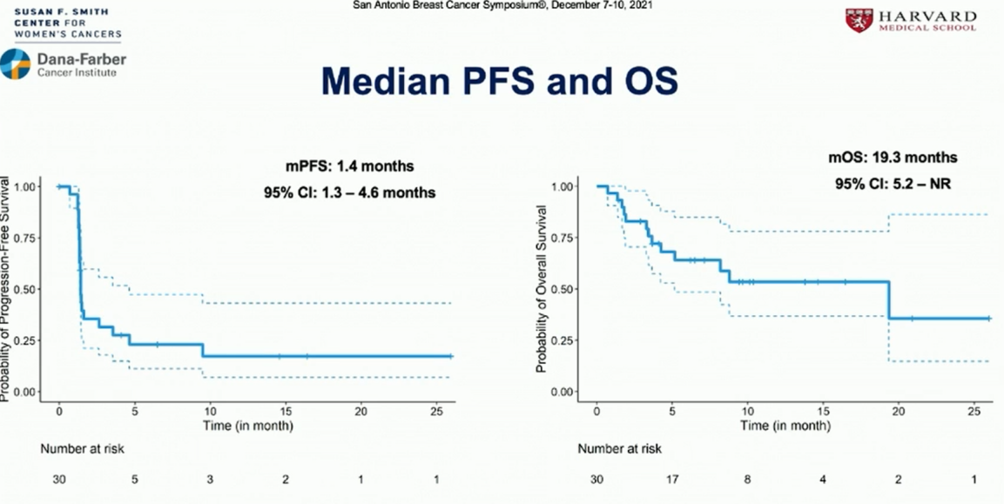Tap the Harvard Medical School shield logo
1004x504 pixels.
pyautogui.click(x=859, y=20)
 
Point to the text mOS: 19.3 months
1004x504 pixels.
pyautogui.click(x=892, y=158)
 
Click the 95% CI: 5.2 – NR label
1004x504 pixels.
pyautogui.click(x=892, y=185)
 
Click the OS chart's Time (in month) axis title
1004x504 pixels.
pyautogui.click(x=784, y=426)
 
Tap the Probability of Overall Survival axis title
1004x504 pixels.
pyautogui.click(x=542, y=289)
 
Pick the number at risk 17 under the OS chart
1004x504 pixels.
pyautogui.click(x=672, y=480)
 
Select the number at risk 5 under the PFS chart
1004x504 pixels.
pyautogui.click(x=134, y=480)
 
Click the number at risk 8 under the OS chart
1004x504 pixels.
pyautogui.click(x=748, y=480)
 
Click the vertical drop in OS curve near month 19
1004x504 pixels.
pyautogui.click(x=889, y=300)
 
